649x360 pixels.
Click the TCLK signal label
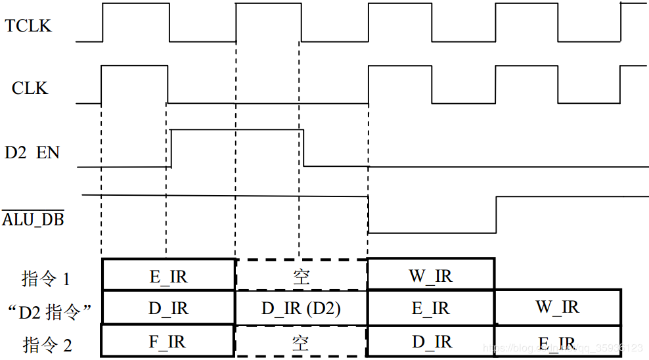(28, 26)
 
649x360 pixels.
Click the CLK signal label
(30, 88)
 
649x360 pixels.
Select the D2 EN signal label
(32, 153)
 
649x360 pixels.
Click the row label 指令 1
(46, 279)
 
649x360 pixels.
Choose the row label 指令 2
(46, 344)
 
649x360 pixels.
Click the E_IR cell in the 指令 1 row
(168, 277)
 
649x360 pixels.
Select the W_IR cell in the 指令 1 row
(430, 276)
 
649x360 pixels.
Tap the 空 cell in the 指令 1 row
(301, 277)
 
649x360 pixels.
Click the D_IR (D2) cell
(301, 308)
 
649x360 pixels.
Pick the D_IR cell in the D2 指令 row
(168, 308)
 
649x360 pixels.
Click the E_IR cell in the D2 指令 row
(430, 308)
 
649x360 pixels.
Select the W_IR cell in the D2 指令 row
(558, 307)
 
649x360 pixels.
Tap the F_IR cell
(168, 342)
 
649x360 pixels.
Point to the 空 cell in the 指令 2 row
(301, 342)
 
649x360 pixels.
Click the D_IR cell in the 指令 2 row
(430, 342)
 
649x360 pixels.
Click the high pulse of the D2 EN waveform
(237, 131)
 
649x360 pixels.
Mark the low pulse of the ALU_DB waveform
(432, 231)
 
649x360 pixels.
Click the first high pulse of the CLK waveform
(134, 66)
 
